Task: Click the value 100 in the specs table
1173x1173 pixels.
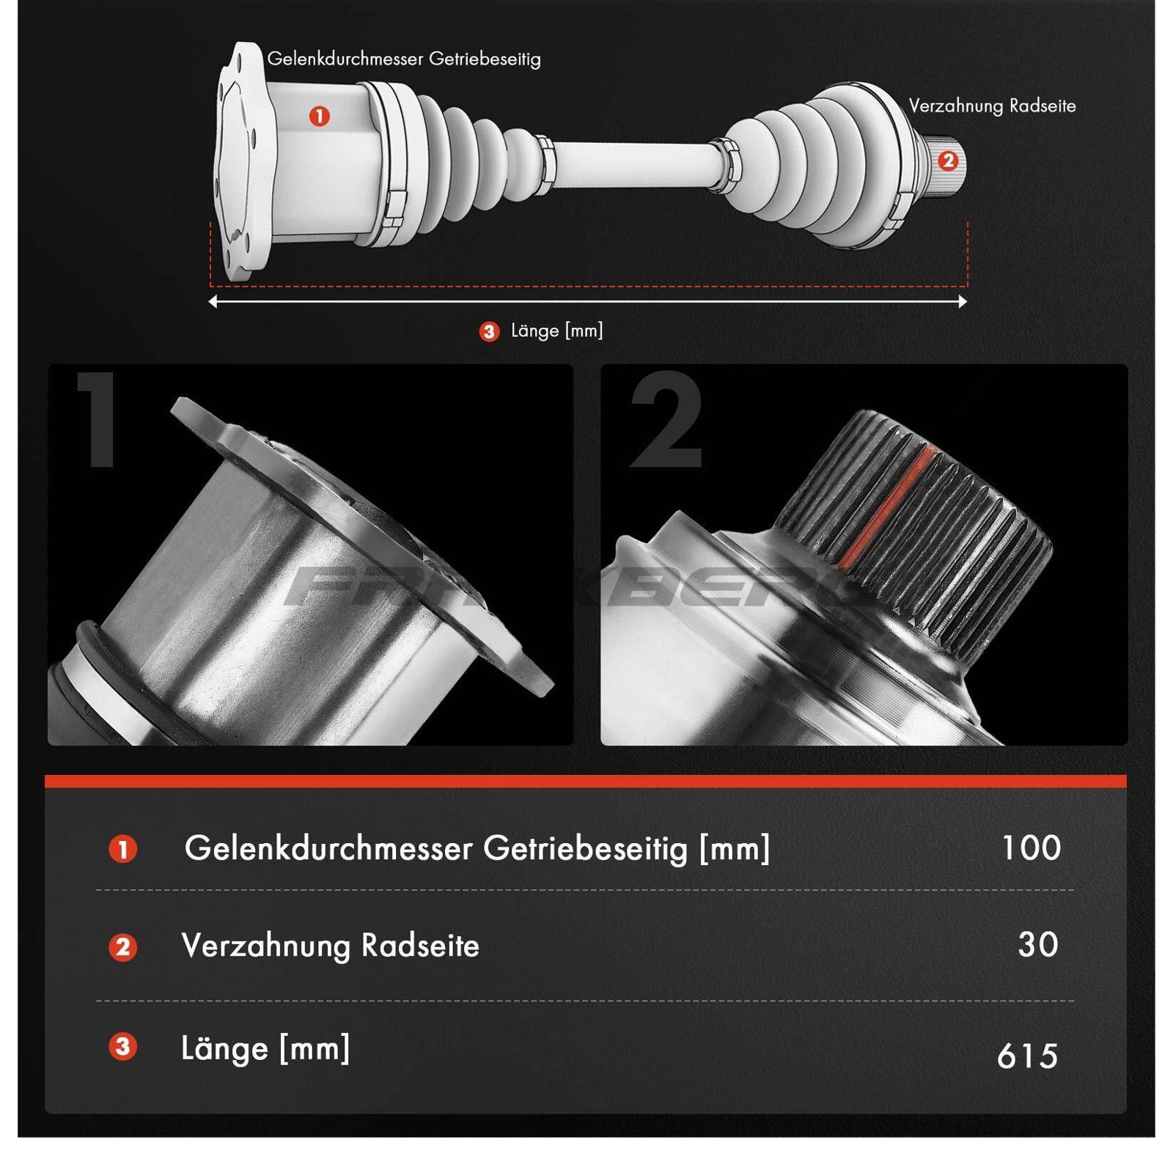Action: tap(1032, 848)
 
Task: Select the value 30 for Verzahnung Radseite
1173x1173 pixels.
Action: tap(1038, 945)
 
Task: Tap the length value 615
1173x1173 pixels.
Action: tap(1028, 1056)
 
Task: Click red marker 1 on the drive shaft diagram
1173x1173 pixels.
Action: tap(319, 116)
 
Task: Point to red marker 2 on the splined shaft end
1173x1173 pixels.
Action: tap(948, 161)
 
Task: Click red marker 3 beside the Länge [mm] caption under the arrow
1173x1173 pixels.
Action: tap(489, 331)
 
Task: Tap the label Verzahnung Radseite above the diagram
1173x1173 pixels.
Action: tap(992, 106)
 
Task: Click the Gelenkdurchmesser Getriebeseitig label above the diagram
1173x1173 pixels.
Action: tap(404, 59)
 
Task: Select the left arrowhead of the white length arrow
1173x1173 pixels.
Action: tap(213, 301)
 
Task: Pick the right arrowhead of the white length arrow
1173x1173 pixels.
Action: tap(963, 301)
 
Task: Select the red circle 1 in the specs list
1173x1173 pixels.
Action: tap(122, 849)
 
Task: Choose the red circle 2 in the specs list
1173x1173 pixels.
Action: tap(122, 947)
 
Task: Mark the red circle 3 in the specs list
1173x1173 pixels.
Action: tap(122, 1046)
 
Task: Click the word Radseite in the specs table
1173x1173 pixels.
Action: tap(420, 946)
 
